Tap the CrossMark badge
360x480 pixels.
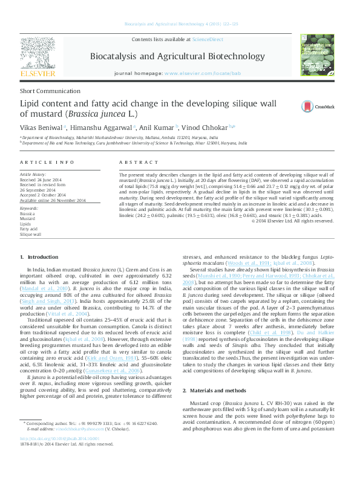click(323, 106)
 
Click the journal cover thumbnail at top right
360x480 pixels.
click(318, 56)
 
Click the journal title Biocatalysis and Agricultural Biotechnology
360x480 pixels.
click(180, 56)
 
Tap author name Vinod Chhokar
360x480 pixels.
click(201, 128)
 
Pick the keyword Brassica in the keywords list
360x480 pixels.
click(27, 214)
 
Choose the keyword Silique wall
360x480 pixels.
click(30, 233)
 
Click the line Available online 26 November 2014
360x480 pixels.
click(53, 200)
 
